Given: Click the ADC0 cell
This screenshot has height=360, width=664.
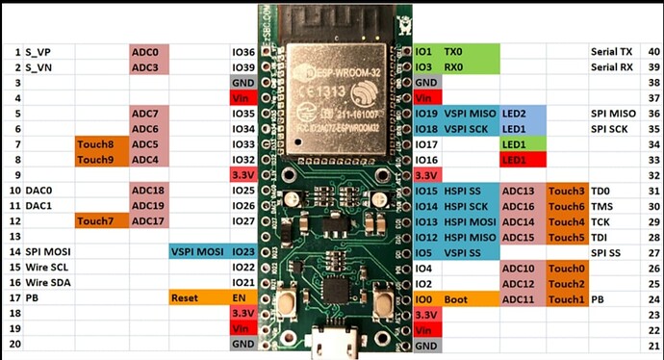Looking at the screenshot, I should (149, 51).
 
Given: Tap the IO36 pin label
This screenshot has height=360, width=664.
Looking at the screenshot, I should (243, 51).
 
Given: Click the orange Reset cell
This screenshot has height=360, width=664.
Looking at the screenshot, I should (197, 298).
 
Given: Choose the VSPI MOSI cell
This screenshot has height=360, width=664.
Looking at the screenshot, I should (197, 252).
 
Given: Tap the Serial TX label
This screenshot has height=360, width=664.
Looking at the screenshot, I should (612, 51).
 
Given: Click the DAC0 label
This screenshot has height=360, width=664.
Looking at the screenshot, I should (38, 191).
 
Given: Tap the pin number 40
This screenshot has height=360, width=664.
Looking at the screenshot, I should (653, 51).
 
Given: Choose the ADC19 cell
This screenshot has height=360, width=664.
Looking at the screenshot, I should (149, 206).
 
